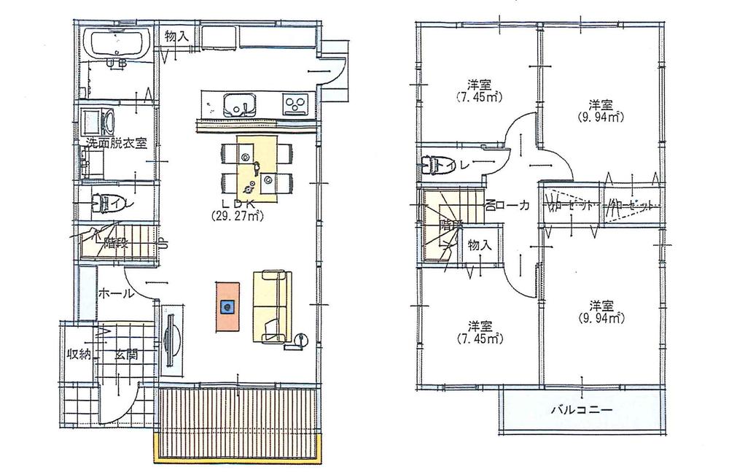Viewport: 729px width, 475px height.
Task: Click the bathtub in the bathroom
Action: pos(117,45)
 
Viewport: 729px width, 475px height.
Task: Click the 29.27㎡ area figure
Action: pos(237,215)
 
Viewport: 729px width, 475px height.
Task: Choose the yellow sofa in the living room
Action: pos(272,305)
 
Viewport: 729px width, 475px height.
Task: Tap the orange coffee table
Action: pos(227,306)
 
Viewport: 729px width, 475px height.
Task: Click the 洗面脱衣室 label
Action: pos(116,143)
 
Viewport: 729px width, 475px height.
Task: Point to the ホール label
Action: pos(114,294)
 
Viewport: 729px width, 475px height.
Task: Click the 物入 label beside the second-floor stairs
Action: pos(480,245)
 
